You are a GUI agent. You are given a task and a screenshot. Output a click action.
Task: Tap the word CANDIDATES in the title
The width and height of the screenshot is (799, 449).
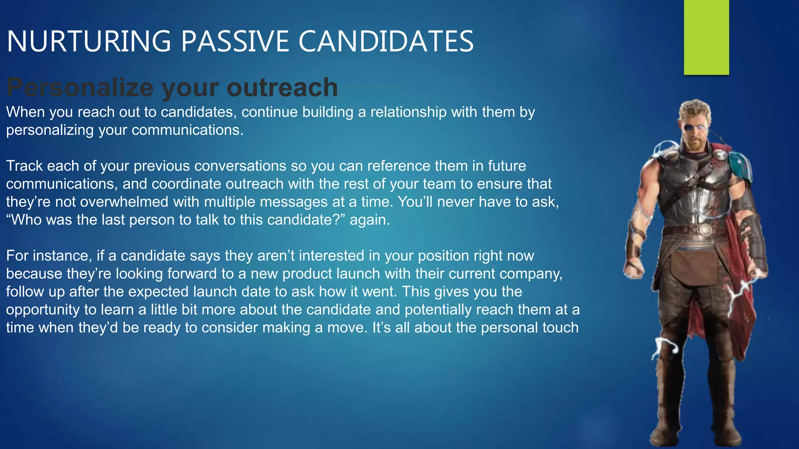(386, 41)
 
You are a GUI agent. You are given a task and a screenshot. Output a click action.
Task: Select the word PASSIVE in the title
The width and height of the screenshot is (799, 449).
(234, 41)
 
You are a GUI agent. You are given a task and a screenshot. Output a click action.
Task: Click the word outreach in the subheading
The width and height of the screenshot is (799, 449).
(282, 87)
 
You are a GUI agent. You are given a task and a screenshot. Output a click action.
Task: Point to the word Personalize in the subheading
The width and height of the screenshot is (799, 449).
(80, 87)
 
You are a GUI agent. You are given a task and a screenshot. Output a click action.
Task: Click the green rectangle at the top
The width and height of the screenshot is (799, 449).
(706, 37)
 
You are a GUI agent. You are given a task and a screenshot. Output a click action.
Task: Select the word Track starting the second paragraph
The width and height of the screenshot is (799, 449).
(24, 166)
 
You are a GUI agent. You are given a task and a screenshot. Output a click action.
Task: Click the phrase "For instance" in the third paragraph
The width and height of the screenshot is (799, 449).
(49, 256)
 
